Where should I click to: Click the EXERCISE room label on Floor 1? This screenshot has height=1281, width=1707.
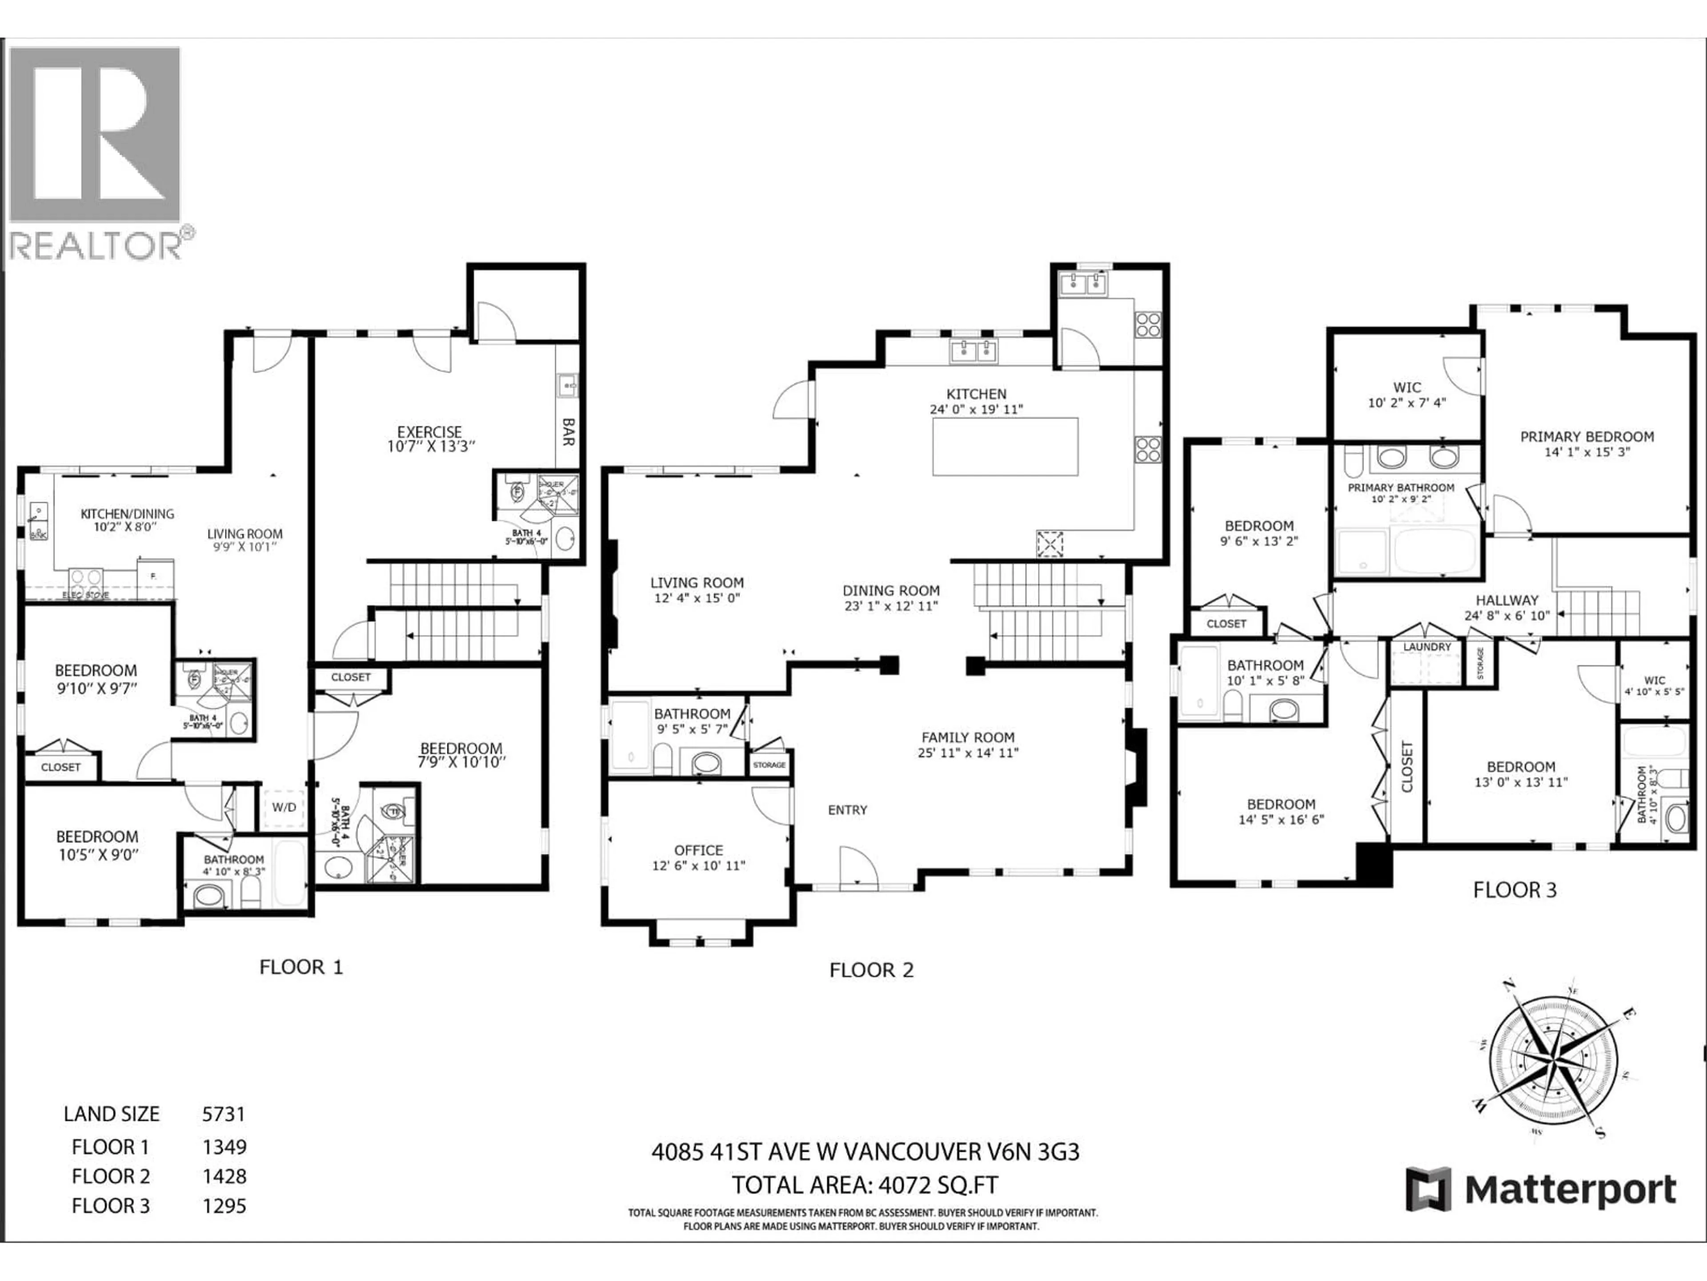(x=429, y=432)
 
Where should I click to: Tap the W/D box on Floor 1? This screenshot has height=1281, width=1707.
(x=283, y=807)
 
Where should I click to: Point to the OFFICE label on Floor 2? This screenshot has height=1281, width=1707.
(x=698, y=850)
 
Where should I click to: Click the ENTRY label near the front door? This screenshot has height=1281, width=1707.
(x=847, y=810)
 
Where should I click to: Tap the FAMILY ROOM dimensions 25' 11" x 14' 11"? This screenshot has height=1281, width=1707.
(x=968, y=753)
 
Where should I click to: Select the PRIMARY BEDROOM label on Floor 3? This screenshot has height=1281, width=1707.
(x=1587, y=437)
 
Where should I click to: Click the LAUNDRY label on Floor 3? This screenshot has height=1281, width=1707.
(x=1427, y=647)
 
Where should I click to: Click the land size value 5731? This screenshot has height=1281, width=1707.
(x=223, y=1114)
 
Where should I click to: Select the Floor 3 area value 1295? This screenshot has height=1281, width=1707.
(x=224, y=1206)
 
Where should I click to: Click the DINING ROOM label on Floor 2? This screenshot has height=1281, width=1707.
(x=890, y=591)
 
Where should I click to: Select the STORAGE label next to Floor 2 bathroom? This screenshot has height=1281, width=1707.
(x=769, y=765)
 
